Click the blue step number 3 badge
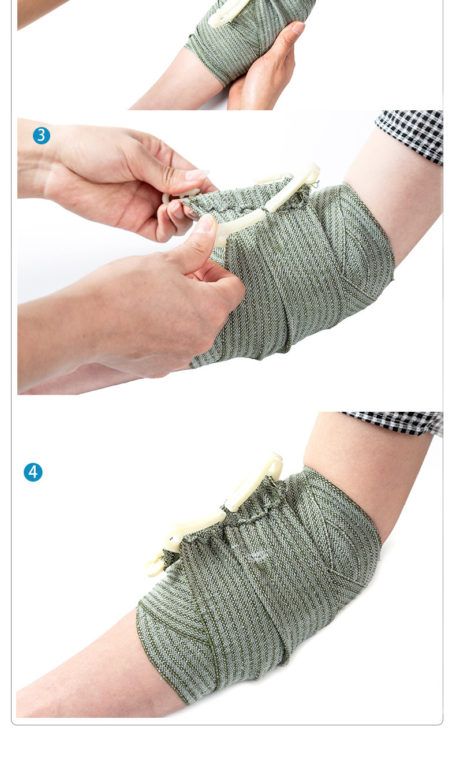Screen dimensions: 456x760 click(42, 136)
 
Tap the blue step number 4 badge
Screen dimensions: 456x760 click(33, 472)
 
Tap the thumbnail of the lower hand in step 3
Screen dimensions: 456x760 click(207, 224)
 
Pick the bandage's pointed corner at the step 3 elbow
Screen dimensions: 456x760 click(393, 280)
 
